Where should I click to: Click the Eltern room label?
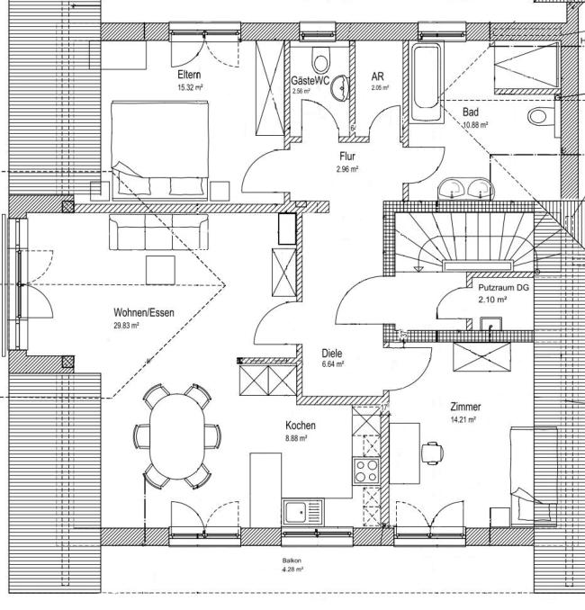pyautogui.click(x=189, y=75)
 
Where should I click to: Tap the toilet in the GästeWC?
pyautogui.click(x=321, y=59)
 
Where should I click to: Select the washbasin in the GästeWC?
pyautogui.click(x=340, y=88)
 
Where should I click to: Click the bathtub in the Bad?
pyautogui.click(x=427, y=82)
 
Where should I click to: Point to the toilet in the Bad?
pyautogui.click(x=542, y=116)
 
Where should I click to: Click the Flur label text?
pyautogui.click(x=347, y=157)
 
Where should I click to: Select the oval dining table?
pyautogui.click(x=177, y=436)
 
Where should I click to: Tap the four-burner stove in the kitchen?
pyautogui.click(x=366, y=471)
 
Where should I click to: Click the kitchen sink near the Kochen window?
pyautogui.click(x=302, y=512)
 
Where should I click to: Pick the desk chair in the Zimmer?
pyautogui.click(x=433, y=453)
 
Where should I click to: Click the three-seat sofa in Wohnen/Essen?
pyautogui.click(x=158, y=232)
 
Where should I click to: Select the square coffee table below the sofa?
pyautogui.click(x=160, y=270)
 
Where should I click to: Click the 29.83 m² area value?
pyautogui.click(x=126, y=326)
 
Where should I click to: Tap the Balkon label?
pyautogui.click(x=292, y=561)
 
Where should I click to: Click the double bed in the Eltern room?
pyautogui.click(x=159, y=150)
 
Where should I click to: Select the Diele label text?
pyautogui.click(x=332, y=354)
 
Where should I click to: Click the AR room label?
pyautogui.click(x=377, y=76)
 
